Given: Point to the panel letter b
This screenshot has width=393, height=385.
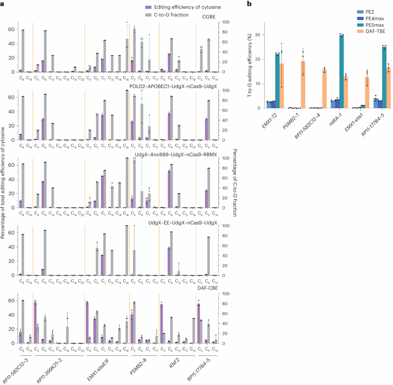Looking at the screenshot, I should tap(249, 4).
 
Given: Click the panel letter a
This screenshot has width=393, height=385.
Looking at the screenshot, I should tap(2, 4).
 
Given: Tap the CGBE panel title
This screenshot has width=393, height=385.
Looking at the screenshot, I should tap(209, 17).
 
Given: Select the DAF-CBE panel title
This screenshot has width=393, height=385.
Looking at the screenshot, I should tap(207, 288).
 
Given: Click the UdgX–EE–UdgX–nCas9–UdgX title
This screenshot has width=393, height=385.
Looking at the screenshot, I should tap(183, 223).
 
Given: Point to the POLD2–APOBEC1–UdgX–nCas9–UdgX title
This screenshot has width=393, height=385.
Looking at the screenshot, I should tap(173, 86).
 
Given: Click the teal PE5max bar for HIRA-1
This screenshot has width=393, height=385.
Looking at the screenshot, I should tap(341, 71).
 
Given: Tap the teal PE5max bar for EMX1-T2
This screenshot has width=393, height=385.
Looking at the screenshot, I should tap(277, 81).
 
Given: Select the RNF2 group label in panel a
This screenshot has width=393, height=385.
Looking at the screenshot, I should tap(174, 363).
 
